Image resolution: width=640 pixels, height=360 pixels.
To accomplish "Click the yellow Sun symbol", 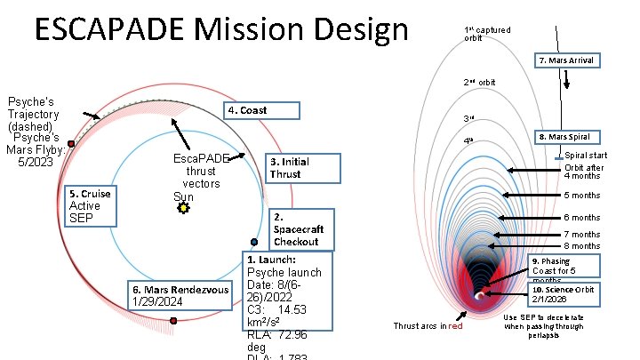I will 183,208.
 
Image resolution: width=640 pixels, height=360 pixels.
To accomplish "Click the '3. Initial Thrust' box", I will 302,167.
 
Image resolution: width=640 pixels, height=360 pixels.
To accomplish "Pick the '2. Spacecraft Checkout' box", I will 301,229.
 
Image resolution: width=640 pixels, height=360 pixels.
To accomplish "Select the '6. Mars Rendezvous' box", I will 180,296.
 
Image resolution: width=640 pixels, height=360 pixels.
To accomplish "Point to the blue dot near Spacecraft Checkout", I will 254,242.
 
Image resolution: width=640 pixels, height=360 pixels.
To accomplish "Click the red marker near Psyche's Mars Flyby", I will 71,143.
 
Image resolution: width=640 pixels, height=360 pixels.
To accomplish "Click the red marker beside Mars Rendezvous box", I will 172,320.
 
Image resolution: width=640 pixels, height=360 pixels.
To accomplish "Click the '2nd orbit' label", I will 479,83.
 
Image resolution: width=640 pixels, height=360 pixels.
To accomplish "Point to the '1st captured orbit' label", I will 487,34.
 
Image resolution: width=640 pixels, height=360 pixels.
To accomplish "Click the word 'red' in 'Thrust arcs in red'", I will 455,326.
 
